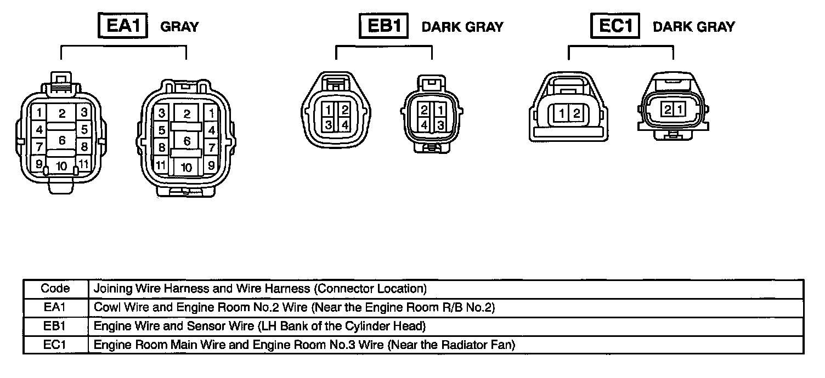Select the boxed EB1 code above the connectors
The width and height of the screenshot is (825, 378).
pos(384,26)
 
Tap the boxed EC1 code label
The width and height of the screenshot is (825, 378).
pos(615,26)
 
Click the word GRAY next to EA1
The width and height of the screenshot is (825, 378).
pos(179,27)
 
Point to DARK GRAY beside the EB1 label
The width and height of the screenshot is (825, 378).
pos(462,27)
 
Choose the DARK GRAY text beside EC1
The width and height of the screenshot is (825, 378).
pos(693,27)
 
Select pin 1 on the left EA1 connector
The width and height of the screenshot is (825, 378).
pos(39,113)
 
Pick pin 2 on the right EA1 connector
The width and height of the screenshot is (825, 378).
pos(187,114)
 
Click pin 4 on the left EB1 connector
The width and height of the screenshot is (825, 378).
pos(344,124)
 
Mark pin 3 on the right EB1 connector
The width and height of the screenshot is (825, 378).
pos(439,124)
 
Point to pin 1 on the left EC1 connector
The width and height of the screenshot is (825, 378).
pos(563,114)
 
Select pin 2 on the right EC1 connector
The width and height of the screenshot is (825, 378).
pos(667,109)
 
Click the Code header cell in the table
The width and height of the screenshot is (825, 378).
pos(55,288)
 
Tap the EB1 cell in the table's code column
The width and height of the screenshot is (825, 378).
pos(55,327)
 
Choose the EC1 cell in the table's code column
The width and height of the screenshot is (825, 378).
pos(55,345)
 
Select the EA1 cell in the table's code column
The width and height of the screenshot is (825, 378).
pos(55,307)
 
